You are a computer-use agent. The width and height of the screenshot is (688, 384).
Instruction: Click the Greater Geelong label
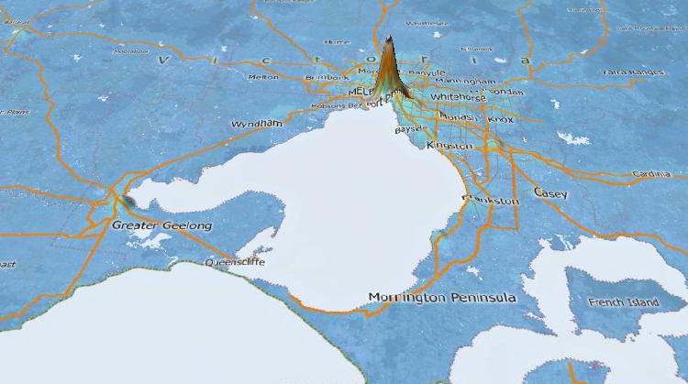[x=161, y=225]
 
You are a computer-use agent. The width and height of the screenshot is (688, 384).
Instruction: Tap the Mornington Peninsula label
[x=441, y=298]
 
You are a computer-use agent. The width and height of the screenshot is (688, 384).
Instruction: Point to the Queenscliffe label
[x=233, y=261]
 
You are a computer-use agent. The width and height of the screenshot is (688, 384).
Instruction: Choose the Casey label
[x=550, y=193]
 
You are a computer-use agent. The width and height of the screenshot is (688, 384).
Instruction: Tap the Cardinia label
[x=650, y=173]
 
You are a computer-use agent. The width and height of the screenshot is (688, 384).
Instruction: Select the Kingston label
[x=449, y=147]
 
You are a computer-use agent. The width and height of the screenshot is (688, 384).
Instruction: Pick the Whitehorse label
[x=454, y=95]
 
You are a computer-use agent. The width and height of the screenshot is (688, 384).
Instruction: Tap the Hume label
[x=338, y=41]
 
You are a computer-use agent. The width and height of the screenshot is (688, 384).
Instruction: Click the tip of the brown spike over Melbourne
[x=388, y=38]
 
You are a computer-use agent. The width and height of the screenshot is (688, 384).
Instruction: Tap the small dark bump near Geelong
[x=128, y=201]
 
